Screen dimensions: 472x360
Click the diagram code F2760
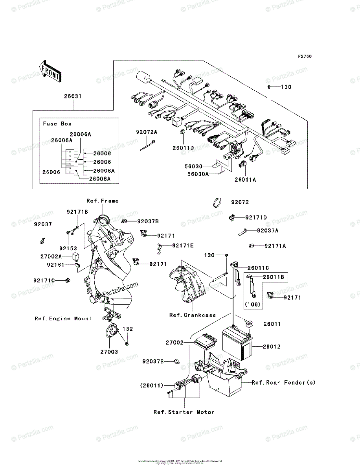(x=305, y=57)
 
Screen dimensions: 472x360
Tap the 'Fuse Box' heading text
(x=57, y=124)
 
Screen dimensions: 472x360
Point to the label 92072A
(x=147, y=132)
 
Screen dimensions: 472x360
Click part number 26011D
(x=183, y=148)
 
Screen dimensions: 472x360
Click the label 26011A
(x=246, y=180)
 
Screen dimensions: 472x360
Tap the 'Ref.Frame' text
(x=103, y=201)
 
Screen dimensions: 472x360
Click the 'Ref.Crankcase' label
(x=193, y=315)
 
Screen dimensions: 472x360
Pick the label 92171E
(x=183, y=245)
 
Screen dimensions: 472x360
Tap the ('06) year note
(x=253, y=304)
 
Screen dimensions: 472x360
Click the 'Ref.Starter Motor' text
(x=184, y=412)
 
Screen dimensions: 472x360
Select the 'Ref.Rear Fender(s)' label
(x=283, y=382)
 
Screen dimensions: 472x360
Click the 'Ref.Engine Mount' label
(x=63, y=319)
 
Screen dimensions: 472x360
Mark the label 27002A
(x=51, y=256)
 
